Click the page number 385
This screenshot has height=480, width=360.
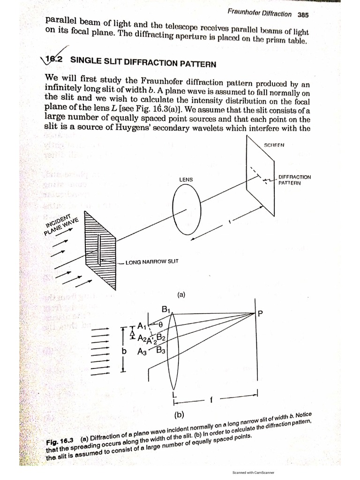point(303,15)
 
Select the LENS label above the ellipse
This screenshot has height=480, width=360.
point(186,180)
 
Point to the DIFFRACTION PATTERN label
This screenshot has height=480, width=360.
point(294,180)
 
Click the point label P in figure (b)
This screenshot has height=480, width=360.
point(260,316)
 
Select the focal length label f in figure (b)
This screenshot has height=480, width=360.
point(211,400)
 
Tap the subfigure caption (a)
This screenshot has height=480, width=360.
point(182,295)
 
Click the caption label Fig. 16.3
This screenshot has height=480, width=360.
point(61,442)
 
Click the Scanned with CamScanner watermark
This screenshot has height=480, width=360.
point(253,472)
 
